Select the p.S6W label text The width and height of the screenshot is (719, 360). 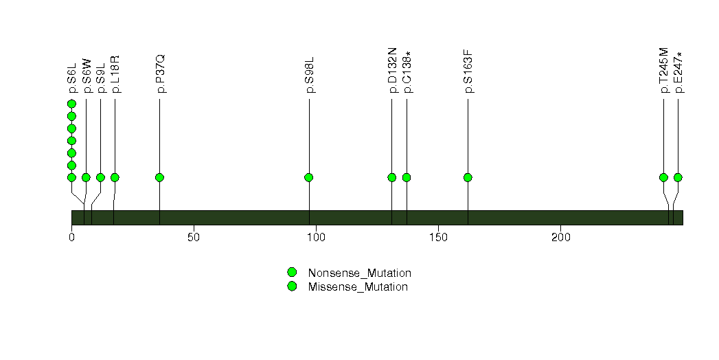coord(87,76)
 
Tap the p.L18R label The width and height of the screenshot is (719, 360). coord(115,74)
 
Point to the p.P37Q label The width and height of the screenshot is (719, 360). coord(159,74)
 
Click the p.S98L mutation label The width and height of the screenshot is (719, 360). coord(310,75)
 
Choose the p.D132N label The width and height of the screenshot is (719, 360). coord(392,70)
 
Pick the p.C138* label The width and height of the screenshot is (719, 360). coord(407,72)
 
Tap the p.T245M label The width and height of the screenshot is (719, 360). coord(664,70)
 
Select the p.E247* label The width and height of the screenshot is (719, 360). coord(678,72)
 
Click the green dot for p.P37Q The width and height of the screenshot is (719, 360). coord(159,177)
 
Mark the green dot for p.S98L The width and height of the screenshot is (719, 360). coord(309,177)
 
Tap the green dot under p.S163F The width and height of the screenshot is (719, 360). coord(468,177)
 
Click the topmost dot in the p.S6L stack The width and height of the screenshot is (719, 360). coord(71,104)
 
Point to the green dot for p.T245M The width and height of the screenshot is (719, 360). coord(663,177)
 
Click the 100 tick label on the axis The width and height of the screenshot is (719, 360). coord(316,238)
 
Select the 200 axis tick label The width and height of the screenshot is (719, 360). coord(560,238)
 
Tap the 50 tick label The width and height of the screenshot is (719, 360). coord(194,238)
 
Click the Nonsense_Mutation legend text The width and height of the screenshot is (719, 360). coord(360,273)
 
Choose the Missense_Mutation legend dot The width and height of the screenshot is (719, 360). coord(292,286)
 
